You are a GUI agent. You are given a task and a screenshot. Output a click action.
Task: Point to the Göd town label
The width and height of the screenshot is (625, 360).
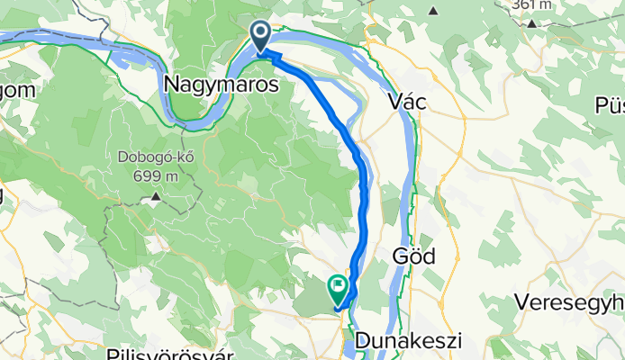pyautogui.click(x=414, y=256)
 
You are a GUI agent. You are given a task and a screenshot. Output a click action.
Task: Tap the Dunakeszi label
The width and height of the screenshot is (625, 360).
pyautogui.click(x=408, y=342)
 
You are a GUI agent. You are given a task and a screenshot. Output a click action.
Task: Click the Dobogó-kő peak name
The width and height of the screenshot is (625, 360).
pyautogui.click(x=155, y=157)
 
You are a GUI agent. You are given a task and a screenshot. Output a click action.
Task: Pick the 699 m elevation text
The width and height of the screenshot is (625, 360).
pyautogui.click(x=155, y=175)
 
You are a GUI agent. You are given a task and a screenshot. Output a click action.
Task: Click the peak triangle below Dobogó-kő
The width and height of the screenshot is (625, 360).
pyautogui.click(x=156, y=194)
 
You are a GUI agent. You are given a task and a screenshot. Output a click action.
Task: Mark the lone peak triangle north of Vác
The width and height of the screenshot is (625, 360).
pyautogui.click(x=433, y=12)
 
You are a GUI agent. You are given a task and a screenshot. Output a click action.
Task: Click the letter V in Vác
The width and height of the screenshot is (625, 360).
pyautogui.click(x=393, y=103)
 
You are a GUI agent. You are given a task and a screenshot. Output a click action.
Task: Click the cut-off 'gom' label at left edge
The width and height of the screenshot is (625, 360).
pyautogui.click(x=16, y=91)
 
